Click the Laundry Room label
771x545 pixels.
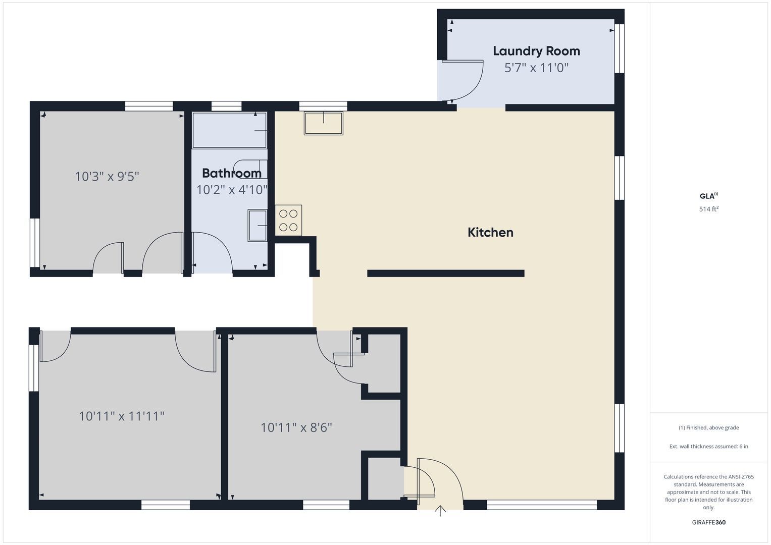(536, 51)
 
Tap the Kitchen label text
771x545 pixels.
(490, 233)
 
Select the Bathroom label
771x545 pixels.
(232, 173)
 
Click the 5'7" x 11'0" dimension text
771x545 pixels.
(536, 68)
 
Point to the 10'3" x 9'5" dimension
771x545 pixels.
(107, 177)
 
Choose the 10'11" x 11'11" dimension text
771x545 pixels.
(122, 416)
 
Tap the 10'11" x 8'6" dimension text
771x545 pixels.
(296, 428)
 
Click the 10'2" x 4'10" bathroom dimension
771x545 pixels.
(232, 190)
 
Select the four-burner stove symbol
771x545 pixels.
(288, 221)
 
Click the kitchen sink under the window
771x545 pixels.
(324, 123)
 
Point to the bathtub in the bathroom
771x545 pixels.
(230, 130)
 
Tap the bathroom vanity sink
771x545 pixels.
(258, 226)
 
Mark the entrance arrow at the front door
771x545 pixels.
(440, 511)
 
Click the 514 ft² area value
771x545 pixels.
(709, 209)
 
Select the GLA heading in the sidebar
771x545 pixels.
(709, 196)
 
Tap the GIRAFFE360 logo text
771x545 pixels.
(709, 522)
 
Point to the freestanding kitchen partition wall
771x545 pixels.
(446, 274)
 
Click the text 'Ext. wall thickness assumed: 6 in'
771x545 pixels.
(709, 446)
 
